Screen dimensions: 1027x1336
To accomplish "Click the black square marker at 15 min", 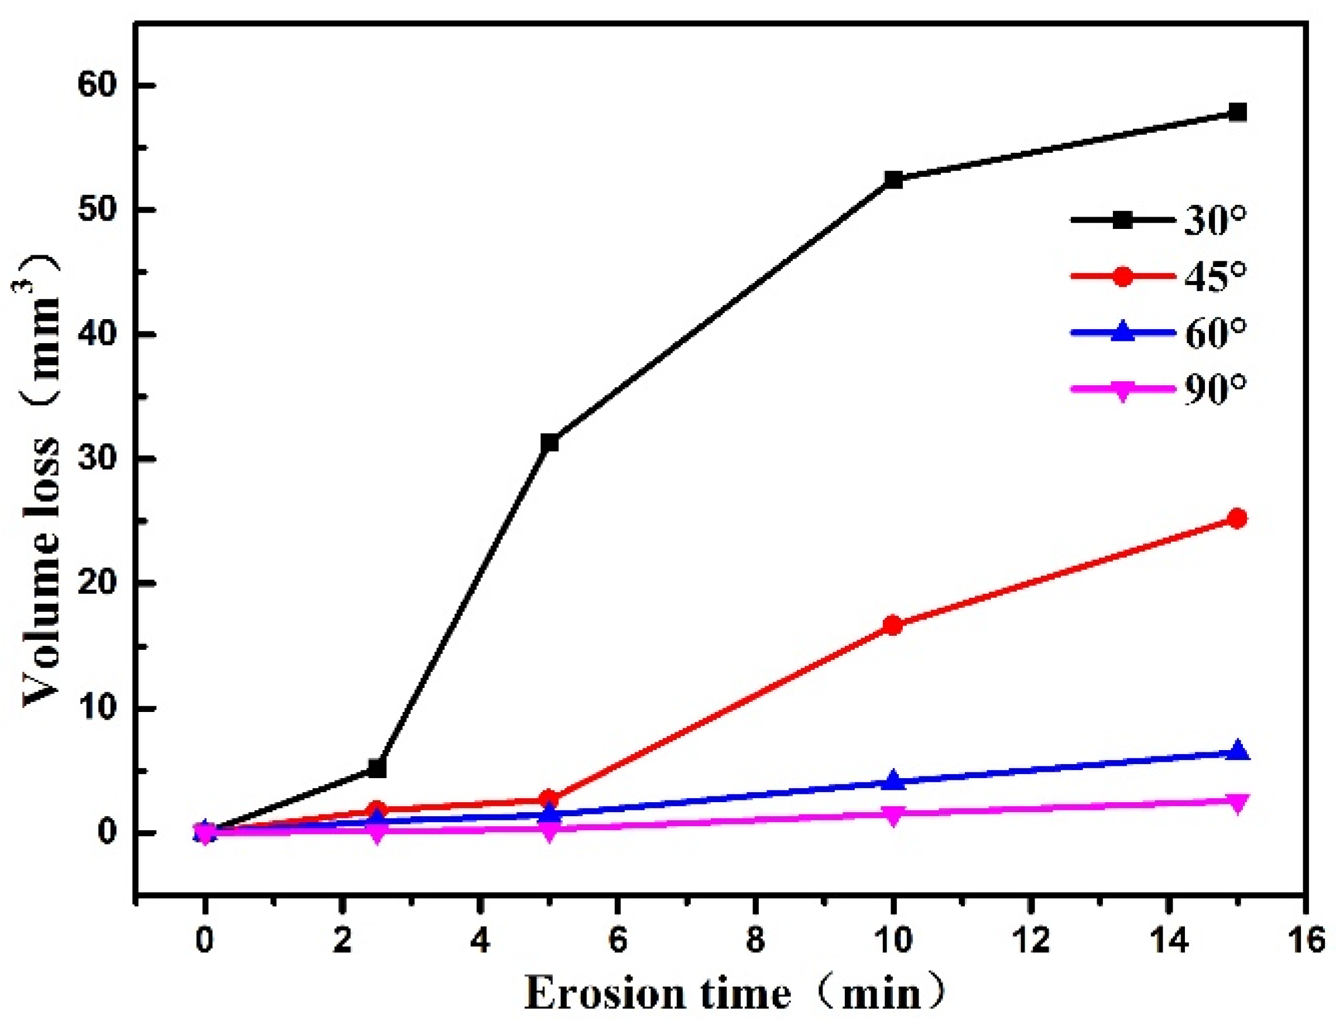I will click(x=1236, y=112).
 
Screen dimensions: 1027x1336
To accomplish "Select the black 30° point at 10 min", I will click(x=893, y=180).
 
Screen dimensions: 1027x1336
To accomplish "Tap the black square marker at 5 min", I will click(x=549, y=442).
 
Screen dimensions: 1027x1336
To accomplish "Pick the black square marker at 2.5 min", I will click(x=377, y=768).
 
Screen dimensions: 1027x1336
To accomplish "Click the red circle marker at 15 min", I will click(x=1236, y=518).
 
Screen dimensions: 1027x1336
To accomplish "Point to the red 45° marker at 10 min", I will click(x=893, y=625).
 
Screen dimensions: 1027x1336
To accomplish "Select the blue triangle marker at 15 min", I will click(x=1236, y=751).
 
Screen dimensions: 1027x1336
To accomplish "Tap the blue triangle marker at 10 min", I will click(x=893, y=779).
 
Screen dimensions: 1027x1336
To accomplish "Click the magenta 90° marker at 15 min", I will click(x=1236, y=803).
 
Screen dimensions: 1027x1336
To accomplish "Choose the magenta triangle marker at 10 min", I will click(x=893, y=815).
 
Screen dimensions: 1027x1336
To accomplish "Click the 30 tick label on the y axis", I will click(x=97, y=458).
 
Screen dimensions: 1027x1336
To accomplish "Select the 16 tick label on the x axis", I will click(x=1305, y=940).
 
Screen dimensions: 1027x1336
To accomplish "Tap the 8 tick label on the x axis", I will click(x=755, y=940).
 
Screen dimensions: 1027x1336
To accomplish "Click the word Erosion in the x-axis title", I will click(x=605, y=995).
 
